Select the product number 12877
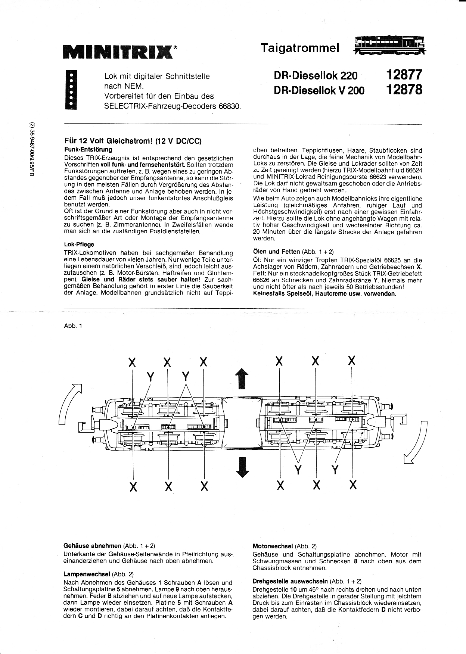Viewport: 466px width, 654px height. point(404,75)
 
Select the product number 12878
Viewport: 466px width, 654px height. point(404,90)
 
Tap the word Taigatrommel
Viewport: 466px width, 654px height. point(300,48)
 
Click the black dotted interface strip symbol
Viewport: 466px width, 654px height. point(71,90)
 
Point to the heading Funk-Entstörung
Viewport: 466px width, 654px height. point(88,150)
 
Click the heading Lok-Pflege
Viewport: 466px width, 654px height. point(79,245)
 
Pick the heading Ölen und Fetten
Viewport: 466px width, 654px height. point(276,252)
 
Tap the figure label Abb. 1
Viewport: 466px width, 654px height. point(73,326)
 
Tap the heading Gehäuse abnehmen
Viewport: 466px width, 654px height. point(92,546)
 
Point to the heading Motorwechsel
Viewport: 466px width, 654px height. point(273,546)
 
